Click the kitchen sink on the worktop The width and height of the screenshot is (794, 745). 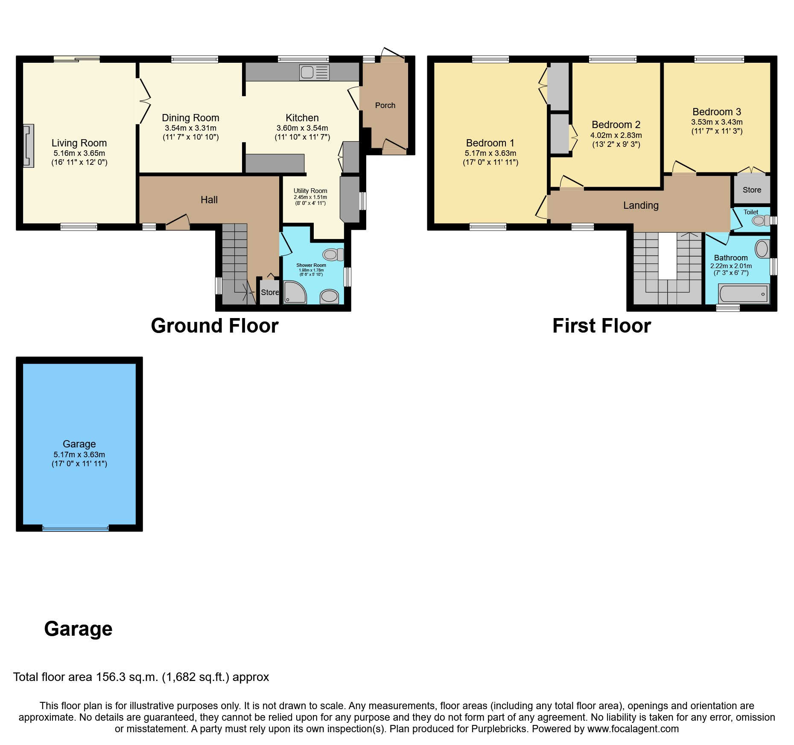tap(314, 72)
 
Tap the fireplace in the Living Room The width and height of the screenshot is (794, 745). tap(29, 146)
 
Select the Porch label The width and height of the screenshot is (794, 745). tap(385, 105)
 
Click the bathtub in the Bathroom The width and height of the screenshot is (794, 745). tap(744, 294)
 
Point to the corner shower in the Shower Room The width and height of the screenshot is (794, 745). tap(294, 292)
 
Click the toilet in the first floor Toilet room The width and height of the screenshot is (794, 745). tap(760, 220)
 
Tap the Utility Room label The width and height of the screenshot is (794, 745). tap(310, 191)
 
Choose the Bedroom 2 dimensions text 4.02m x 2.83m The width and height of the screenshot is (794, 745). tap(616, 135)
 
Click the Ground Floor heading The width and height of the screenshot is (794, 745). tap(214, 326)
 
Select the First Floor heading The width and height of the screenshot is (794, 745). tap(601, 326)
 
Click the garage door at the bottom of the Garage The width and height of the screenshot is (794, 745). tap(76, 529)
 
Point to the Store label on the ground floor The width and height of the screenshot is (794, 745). tap(270, 292)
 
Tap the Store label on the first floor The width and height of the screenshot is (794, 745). tap(752, 190)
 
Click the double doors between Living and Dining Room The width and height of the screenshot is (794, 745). tap(144, 101)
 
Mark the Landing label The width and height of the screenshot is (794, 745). tap(641, 205)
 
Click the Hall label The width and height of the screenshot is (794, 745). tap(209, 200)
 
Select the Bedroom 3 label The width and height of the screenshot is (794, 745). tap(717, 112)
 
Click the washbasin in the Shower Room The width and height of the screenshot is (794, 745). tap(329, 296)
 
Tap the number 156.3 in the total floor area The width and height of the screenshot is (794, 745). tap(112, 677)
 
